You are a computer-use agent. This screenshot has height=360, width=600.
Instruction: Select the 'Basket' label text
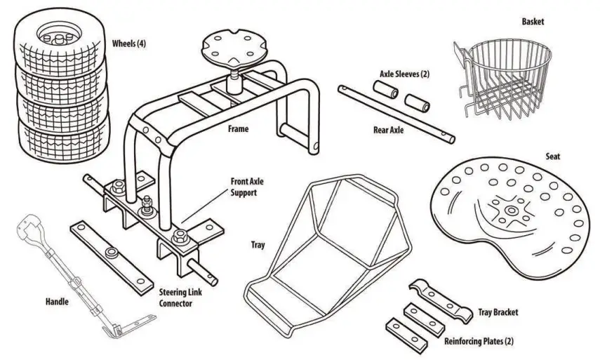click(x=533, y=22)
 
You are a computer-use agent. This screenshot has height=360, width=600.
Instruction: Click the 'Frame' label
click(x=238, y=129)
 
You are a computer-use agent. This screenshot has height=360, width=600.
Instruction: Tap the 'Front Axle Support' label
click(x=247, y=186)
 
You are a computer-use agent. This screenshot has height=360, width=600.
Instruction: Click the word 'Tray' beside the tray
click(x=258, y=245)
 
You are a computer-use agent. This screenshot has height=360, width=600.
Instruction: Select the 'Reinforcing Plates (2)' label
click(x=479, y=341)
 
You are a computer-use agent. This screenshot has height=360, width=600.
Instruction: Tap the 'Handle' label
click(x=57, y=302)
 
